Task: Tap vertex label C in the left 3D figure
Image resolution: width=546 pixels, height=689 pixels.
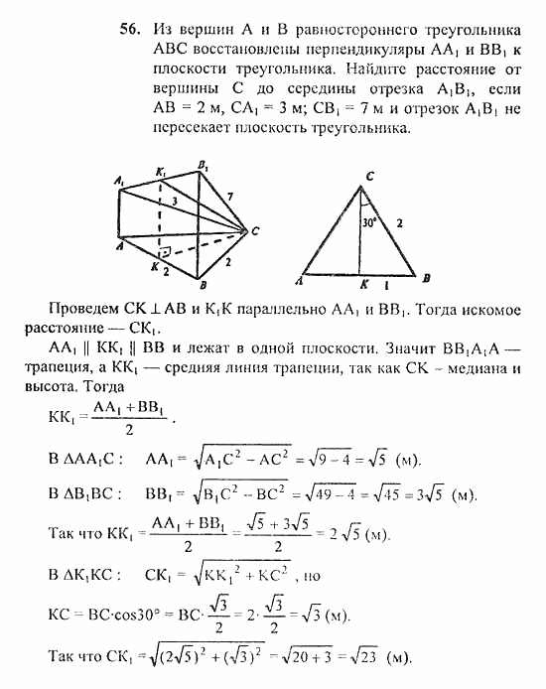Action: click(255, 231)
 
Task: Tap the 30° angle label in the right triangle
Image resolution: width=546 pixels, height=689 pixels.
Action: click(369, 223)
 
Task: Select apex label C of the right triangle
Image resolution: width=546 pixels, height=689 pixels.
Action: click(369, 178)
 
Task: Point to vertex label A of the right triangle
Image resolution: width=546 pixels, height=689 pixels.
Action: click(301, 282)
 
